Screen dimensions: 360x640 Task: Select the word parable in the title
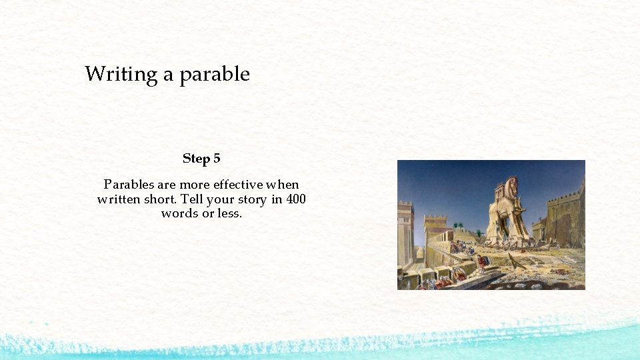pos(215,74)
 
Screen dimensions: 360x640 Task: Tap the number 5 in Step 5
pos(217,159)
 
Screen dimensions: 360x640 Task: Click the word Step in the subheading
pos(196,159)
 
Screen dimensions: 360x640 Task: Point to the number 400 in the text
pos(296,199)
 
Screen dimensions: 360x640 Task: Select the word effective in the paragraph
pos(239,185)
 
